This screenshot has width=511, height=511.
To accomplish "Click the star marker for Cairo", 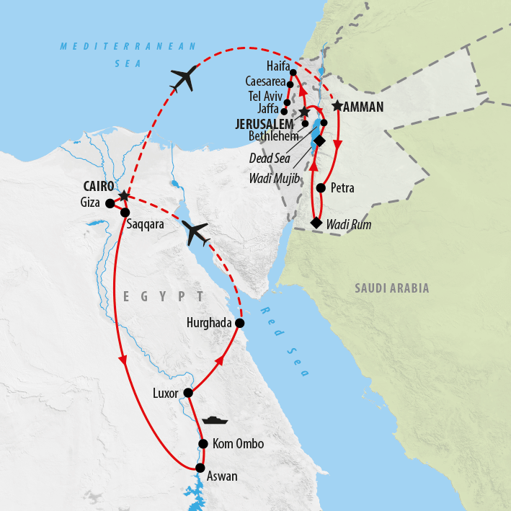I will coord(124,196).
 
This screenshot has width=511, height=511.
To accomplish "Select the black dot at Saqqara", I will coord(125,213).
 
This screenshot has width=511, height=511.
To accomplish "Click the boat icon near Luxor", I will coord(215,419).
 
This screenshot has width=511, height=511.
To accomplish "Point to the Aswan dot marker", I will coord(200,468).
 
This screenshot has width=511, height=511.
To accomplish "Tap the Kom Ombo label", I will coord(239,445).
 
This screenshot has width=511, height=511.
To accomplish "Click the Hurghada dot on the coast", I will coord(240,324).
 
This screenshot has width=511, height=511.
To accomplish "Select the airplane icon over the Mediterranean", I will coord(185,79).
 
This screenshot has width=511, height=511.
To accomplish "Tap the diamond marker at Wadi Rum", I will coord(316,223).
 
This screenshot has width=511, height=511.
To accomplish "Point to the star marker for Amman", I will coord(337,106).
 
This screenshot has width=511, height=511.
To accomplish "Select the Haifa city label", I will coord(277,66).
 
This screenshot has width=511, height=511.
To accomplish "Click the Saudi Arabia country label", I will coord(391,288).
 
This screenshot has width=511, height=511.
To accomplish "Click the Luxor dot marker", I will coord(188,393).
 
